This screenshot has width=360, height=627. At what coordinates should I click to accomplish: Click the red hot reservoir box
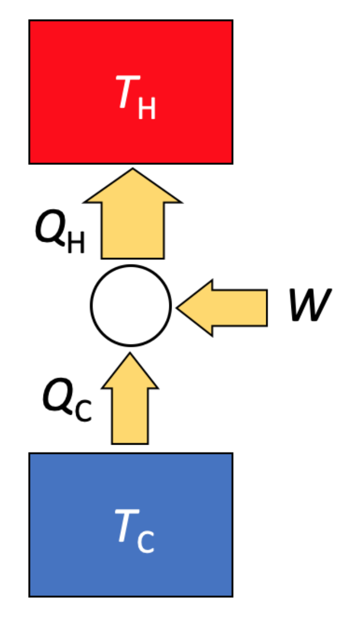tap(131, 54)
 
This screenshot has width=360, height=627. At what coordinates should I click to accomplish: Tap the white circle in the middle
tap(131, 305)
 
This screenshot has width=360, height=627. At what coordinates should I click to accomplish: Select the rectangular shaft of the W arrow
tap(240, 308)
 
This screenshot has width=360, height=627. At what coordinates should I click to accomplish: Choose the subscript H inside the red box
tap(147, 108)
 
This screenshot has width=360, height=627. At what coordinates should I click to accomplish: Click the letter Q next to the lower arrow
tap(57, 399)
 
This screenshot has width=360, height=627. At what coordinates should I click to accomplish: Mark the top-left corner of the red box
tap(29, 21)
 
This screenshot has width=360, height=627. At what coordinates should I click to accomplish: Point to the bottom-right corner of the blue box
tap(232, 596)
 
